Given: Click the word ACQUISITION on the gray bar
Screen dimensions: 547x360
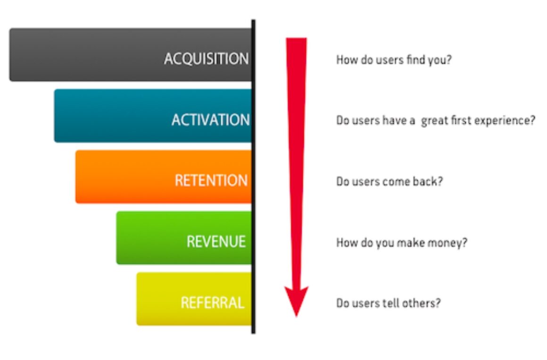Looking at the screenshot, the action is (x=206, y=59).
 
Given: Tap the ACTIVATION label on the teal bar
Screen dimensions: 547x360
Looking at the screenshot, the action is (x=211, y=120).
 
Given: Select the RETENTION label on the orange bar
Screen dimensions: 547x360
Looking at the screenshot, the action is (x=211, y=181).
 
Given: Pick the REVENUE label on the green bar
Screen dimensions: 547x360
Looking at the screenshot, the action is (x=216, y=242).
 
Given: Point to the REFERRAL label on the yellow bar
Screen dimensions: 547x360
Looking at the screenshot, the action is (x=213, y=302).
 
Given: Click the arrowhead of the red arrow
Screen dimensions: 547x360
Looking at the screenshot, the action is (x=296, y=300).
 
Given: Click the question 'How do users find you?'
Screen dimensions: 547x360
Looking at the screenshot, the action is (x=394, y=60).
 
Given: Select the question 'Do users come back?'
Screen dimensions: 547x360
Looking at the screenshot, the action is (x=390, y=182).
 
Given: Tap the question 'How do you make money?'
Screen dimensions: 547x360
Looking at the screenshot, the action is (x=402, y=243).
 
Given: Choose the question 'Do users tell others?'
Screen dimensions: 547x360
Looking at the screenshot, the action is (x=388, y=303).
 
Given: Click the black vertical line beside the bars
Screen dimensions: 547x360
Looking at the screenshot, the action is (x=253, y=176).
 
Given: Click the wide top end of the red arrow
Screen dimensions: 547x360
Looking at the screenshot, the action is (x=296, y=38).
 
